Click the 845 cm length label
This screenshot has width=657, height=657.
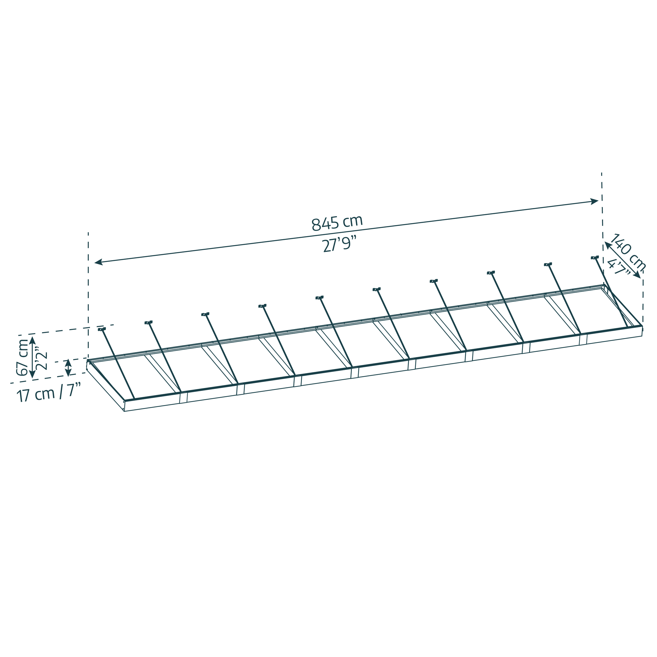[337, 223]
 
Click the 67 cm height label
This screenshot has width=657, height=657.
[22, 357]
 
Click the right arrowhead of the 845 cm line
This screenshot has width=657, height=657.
[594, 202]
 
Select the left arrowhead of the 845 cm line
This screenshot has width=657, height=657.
[99, 262]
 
